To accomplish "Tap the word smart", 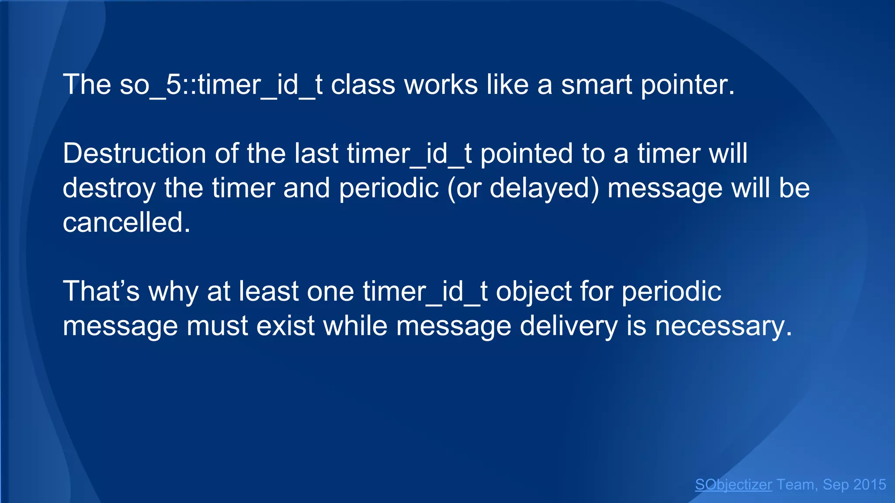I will click(596, 85).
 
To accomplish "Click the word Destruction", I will click(134, 154).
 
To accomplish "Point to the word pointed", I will click(526, 154).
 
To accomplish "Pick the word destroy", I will click(109, 188).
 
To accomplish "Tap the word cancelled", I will click(126, 223).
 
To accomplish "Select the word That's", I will click(101, 291).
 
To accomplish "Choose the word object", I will click(534, 291).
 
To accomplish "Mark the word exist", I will click(285, 326).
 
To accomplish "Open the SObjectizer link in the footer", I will click(733, 485).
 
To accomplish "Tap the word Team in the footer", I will click(795, 485).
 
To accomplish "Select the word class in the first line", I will click(363, 85).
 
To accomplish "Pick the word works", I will click(441, 85).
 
